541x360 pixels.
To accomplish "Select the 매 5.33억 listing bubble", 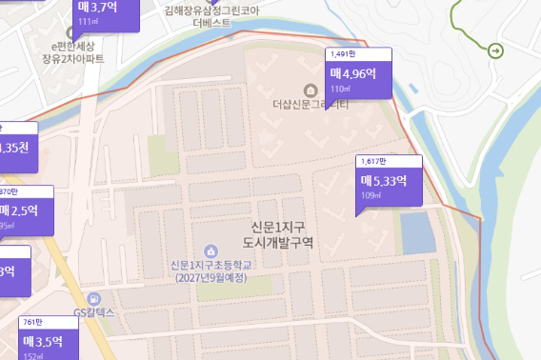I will pos(388,182).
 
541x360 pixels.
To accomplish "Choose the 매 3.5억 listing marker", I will pos(47,341).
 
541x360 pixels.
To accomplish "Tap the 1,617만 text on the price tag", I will pos(375,162).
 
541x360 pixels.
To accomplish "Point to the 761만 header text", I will pos(33,322).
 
